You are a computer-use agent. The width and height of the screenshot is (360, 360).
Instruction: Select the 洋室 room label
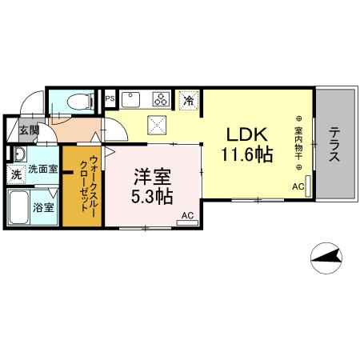(x=151, y=175)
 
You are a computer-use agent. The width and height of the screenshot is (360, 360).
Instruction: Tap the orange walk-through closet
(x=82, y=184)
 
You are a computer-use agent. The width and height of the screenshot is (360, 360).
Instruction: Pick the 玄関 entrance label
(x=29, y=130)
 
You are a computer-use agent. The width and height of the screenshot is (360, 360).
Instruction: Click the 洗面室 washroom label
(x=42, y=170)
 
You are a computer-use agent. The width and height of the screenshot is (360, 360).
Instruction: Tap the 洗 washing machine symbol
(x=16, y=173)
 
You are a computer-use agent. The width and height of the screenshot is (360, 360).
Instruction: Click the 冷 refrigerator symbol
(x=188, y=101)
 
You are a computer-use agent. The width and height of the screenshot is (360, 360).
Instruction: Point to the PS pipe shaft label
(x=110, y=99)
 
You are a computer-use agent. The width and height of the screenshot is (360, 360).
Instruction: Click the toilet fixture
(x=77, y=101)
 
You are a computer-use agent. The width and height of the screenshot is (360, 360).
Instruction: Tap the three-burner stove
(x=161, y=100)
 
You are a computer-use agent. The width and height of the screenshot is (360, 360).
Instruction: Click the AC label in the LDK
(x=298, y=187)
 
